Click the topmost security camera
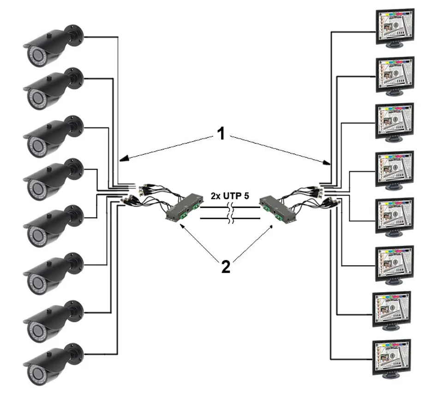pyautogui.click(x=53, y=45)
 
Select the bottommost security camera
pyautogui.click(x=53, y=365)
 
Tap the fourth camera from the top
pyautogui.click(x=53, y=179)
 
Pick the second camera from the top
pyautogui.click(x=53, y=89)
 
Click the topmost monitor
pyautogui.click(x=395, y=28)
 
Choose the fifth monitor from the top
pyautogui.click(x=395, y=217)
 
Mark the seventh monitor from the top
pyautogui.click(x=392, y=311)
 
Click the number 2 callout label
pyautogui.click(x=226, y=267)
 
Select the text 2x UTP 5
pyautogui.click(x=230, y=196)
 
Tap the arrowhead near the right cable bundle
pyautogui.click(x=327, y=163)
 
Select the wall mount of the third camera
pyautogui.click(x=74, y=126)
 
